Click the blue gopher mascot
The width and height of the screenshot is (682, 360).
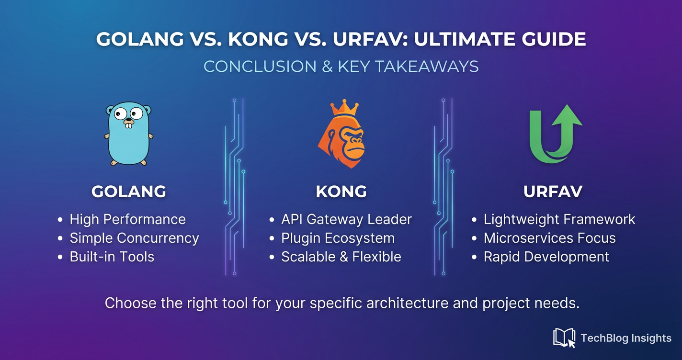128,134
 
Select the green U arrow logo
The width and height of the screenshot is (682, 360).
556,134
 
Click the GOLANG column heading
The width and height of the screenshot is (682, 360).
129,191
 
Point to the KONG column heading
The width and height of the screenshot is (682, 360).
341,191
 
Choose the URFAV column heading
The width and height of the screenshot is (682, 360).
553,191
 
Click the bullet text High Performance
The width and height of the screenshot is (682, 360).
127,219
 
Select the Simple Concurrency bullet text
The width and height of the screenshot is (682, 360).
134,238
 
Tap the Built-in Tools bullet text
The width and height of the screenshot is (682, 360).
112,257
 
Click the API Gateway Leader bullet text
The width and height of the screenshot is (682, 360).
346,219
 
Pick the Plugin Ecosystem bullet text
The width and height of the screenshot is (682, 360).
338,238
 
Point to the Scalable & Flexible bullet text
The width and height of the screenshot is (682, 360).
341,257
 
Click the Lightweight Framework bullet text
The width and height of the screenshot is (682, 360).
559,219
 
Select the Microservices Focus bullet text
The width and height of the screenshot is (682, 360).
549,238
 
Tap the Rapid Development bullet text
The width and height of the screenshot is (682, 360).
546,257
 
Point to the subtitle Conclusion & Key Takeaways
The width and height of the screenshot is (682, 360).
341,67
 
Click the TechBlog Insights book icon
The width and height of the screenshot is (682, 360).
564,338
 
